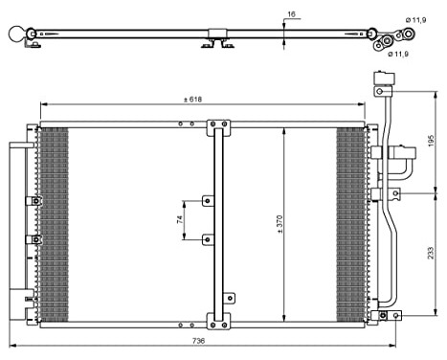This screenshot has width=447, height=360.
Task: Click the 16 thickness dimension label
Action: click(291, 14)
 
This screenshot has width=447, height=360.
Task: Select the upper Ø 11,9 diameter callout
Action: click(415, 20)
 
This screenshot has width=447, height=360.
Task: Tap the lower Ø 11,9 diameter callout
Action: click(398, 55)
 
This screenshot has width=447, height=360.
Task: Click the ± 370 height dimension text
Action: click(279, 226)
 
